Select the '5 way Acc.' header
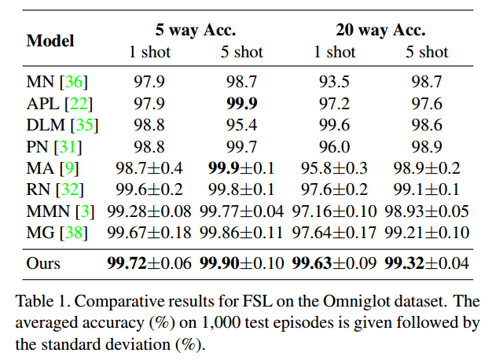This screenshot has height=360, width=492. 196,31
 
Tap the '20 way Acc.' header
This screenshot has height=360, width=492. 380,31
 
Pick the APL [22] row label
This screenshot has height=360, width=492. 57,102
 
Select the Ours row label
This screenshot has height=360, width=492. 43,263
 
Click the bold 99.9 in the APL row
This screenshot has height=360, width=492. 241,102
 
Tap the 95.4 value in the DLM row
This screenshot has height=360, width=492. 241,124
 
